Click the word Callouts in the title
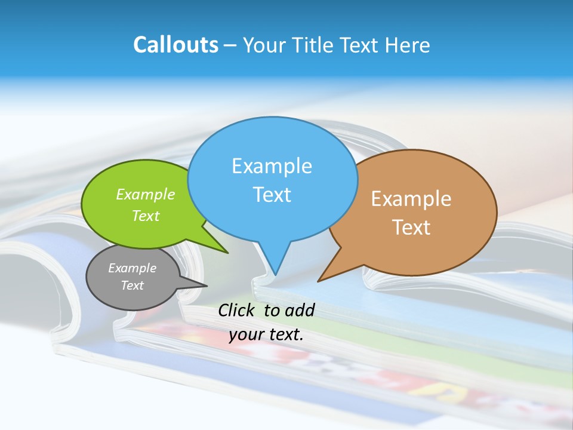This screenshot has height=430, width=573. click(x=175, y=45)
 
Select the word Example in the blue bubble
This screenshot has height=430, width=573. click(x=272, y=165)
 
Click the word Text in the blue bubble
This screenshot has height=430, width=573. click(x=272, y=194)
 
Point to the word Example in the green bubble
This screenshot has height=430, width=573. click(x=145, y=194)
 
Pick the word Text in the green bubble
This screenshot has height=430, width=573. click(x=145, y=216)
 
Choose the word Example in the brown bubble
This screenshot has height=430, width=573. click(x=411, y=198)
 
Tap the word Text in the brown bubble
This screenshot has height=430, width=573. click(x=411, y=227)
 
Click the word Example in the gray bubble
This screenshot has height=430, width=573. click(x=132, y=268)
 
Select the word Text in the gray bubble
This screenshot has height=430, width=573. click(x=132, y=285)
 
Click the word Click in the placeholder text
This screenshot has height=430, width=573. click(x=237, y=310)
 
